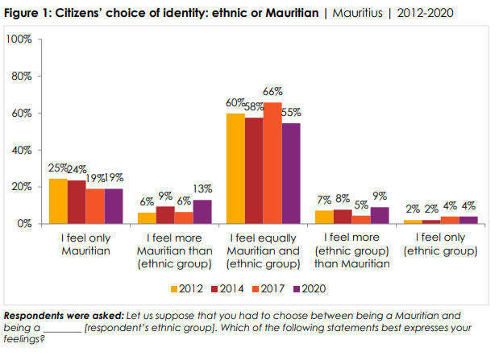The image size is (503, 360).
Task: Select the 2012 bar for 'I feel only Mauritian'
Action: coord(57,201)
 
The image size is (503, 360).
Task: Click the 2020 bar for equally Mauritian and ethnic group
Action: coord(291,173)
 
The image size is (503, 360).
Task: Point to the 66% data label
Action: coord(272,93)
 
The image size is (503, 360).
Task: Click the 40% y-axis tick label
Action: coord(20,150)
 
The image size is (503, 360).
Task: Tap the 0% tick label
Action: coord(23,224)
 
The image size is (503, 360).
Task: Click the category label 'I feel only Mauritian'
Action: coord(85,244)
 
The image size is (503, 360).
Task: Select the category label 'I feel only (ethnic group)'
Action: coord(440,244)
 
